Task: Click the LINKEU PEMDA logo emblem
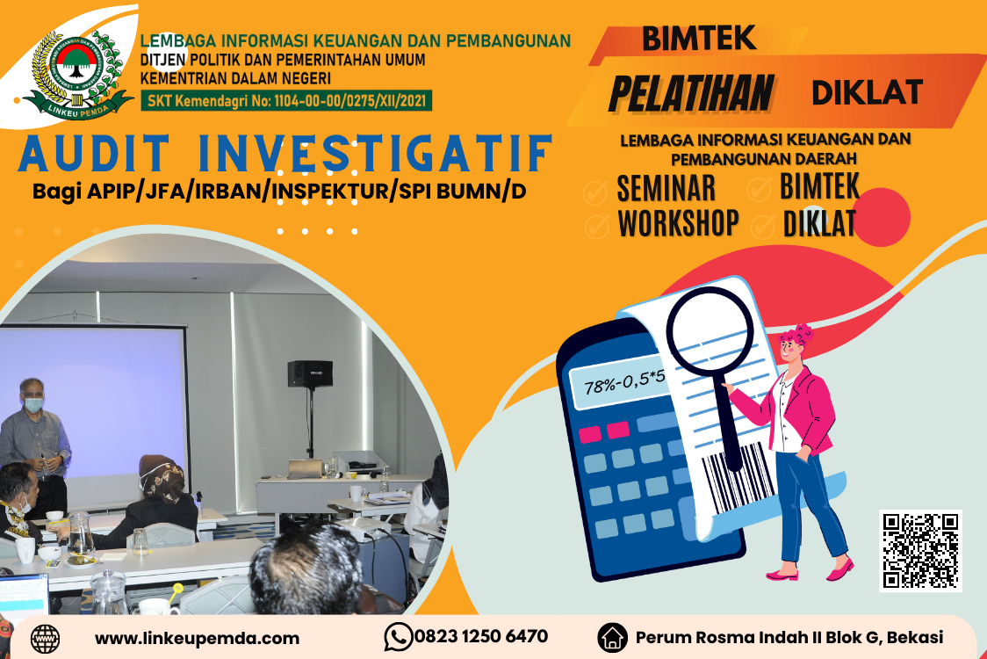pyautogui.click(x=77, y=76)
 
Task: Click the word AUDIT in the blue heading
pyautogui.click(x=95, y=153)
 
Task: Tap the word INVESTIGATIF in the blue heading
pyautogui.click(x=376, y=153)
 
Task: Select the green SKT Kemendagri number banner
pyautogui.click(x=286, y=100)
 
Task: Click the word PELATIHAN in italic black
pyautogui.click(x=691, y=93)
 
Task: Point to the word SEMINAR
pyautogui.click(x=666, y=188)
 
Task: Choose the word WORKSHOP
pyautogui.click(x=678, y=223)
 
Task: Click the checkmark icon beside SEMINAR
pyautogui.click(x=595, y=192)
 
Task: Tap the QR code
pyautogui.click(x=920, y=551)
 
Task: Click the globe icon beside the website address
pyautogui.click(x=46, y=639)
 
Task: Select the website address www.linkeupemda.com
pyautogui.click(x=197, y=638)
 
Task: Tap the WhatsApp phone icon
pyautogui.click(x=399, y=637)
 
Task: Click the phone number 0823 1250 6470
pyautogui.click(x=481, y=636)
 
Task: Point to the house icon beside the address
pyautogui.click(x=612, y=637)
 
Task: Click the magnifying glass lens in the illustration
pyautogui.click(x=710, y=330)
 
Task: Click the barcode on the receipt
pyautogui.click(x=737, y=479)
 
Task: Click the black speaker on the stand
pyautogui.click(x=310, y=373)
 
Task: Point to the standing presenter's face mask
pyautogui.click(x=33, y=404)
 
